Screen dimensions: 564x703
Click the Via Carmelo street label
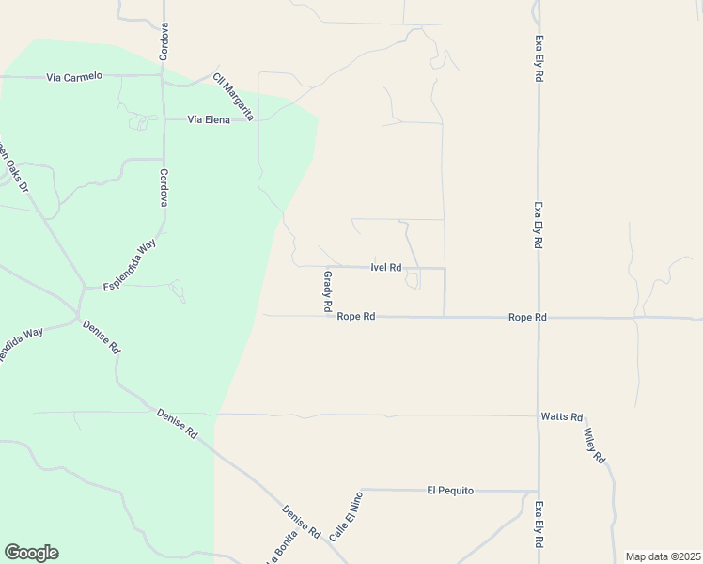click(x=74, y=76)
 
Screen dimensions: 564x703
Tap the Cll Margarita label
click(x=233, y=97)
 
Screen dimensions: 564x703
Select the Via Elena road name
click(x=209, y=119)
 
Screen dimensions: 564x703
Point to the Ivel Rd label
click(x=386, y=267)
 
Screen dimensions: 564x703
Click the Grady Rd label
click(x=328, y=291)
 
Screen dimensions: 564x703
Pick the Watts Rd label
click(x=562, y=415)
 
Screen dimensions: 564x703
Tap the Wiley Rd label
click(x=594, y=446)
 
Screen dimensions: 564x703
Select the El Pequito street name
click(x=450, y=490)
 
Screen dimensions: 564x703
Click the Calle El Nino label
click(x=346, y=518)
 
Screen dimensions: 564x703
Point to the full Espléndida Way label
click(x=130, y=264)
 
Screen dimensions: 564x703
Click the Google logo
click(x=31, y=553)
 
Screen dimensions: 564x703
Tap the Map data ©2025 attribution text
click(x=663, y=556)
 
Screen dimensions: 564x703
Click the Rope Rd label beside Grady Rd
click(x=356, y=317)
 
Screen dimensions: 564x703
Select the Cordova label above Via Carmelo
click(x=164, y=41)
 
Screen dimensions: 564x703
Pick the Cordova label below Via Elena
click(x=164, y=188)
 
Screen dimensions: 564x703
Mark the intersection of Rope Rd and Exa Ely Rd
click(x=539, y=318)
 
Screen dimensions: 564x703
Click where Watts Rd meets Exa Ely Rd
click(x=539, y=415)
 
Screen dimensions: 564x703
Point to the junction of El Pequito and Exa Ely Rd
click(x=539, y=490)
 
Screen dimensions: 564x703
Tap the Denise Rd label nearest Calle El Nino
click(x=302, y=523)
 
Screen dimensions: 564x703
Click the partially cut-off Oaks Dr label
click(x=12, y=164)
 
